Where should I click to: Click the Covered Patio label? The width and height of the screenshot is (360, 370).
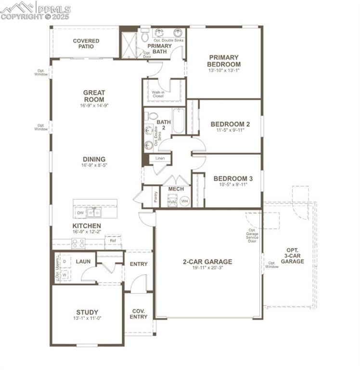[86, 44]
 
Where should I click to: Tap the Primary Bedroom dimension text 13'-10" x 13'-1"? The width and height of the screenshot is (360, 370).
[224, 70]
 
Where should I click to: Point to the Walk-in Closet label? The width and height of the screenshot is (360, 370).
[158, 94]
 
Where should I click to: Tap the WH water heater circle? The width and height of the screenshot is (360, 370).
[185, 201]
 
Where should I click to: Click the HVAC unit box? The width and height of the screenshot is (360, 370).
[172, 201]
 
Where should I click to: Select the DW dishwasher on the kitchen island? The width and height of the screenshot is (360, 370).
[80, 212]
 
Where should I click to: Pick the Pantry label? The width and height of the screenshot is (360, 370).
[155, 197]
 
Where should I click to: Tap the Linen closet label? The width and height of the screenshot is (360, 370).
[160, 158]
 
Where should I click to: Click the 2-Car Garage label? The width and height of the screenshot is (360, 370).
[207, 262]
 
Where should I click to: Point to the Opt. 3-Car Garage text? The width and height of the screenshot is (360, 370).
[292, 256]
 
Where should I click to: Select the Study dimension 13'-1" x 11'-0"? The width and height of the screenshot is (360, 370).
[87, 318]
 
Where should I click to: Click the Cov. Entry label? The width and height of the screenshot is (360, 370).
[139, 314]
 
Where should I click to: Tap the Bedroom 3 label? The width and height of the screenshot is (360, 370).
[233, 178]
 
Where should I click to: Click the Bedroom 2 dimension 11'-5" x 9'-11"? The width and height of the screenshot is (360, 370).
[230, 130]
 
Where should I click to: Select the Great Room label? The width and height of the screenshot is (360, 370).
[94, 96]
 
